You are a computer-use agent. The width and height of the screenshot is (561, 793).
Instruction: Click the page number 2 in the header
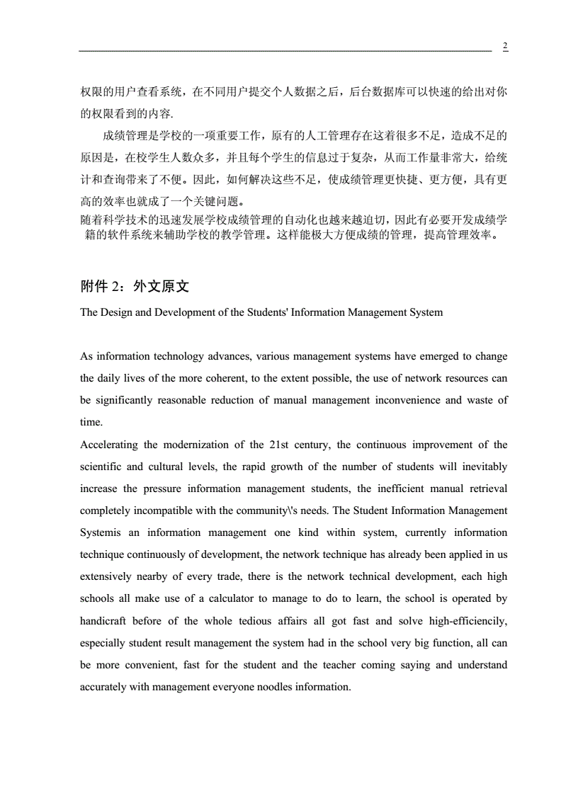505,46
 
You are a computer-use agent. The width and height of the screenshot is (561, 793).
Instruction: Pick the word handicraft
103,621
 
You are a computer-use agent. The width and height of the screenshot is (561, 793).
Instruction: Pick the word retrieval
487,489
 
